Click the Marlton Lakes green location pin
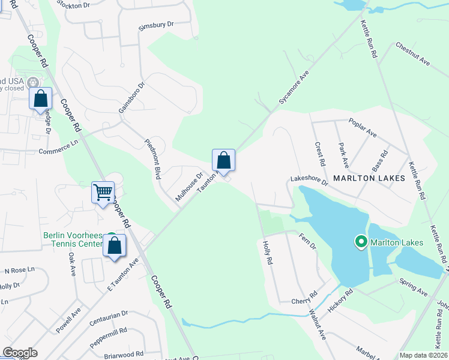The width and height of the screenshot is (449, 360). pyautogui.click(x=361, y=242)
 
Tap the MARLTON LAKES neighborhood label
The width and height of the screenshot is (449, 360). pyautogui.click(x=369, y=178)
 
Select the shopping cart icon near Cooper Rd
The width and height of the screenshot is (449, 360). pyautogui.click(x=103, y=193)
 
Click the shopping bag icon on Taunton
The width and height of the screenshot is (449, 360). pyautogui.click(x=223, y=161)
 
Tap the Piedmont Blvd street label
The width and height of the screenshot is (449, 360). pyautogui.click(x=152, y=159)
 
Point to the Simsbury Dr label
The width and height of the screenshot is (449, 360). pyautogui.click(x=155, y=25)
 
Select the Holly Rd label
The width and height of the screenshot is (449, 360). pyautogui.click(x=268, y=253)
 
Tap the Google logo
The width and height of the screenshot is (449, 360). pyautogui.click(x=20, y=353)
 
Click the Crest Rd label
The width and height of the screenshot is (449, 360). pyautogui.click(x=320, y=154)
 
